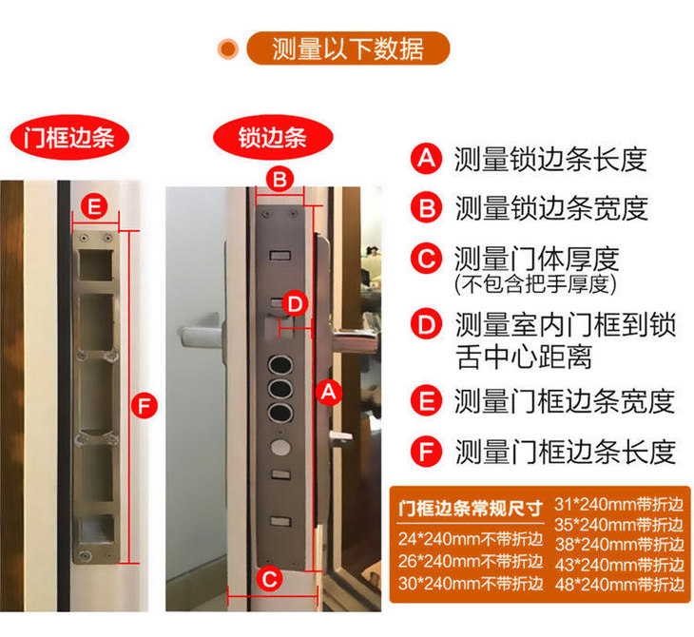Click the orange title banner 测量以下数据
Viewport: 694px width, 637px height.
[x=348, y=48]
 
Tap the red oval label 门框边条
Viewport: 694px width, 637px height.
[x=69, y=137]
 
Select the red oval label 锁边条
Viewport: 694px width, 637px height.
[x=273, y=137]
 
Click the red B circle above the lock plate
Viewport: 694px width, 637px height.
[x=280, y=180]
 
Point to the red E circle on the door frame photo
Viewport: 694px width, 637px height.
[x=95, y=206]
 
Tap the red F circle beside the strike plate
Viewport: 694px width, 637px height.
[x=145, y=406]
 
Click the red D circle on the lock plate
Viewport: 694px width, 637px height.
[x=296, y=304]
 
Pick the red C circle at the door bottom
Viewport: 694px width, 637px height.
[x=270, y=579]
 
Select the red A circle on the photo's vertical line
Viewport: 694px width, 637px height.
[x=328, y=392]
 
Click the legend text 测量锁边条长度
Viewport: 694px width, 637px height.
[x=550, y=160]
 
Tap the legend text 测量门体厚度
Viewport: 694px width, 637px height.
[x=536, y=259]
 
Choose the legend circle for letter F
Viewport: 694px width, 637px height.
[x=426, y=452]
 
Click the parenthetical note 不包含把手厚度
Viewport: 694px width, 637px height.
[x=535, y=283]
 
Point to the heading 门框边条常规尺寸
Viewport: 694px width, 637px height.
[x=471, y=509]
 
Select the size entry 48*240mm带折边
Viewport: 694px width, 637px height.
[x=620, y=585]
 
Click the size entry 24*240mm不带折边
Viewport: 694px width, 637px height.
[x=471, y=539]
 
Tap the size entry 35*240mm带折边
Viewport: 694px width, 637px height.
[x=620, y=525]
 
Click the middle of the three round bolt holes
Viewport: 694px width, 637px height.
[x=280, y=389]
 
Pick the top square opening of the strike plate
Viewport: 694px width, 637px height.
[x=96, y=264]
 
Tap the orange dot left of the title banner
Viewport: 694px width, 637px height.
[x=228, y=48]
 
